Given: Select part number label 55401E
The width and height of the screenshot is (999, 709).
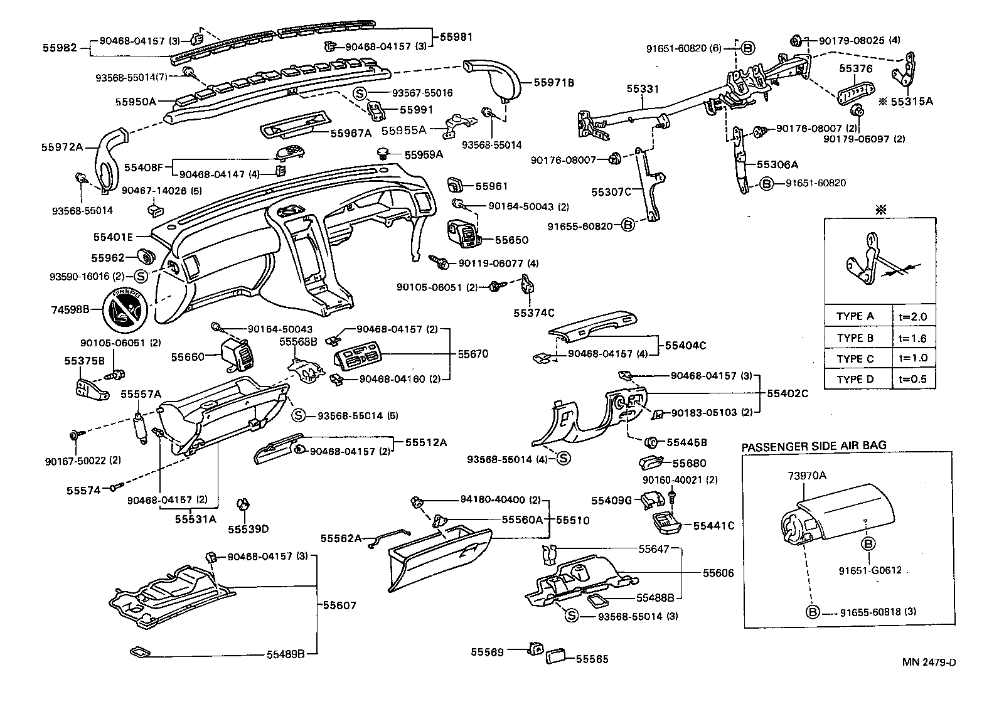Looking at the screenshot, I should (x=113, y=237).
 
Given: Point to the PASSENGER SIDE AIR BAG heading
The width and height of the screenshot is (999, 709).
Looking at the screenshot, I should (x=814, y=446).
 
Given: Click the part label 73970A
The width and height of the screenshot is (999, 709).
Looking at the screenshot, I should (x=807, y=476).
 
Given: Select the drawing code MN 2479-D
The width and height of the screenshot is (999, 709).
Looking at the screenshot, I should (x=929, y=663).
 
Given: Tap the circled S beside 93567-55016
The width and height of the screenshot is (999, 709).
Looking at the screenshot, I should (x=360, y=93).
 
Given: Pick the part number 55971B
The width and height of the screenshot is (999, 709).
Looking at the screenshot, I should (x=554, y=82).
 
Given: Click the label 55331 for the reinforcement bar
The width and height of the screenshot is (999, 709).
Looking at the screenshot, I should (x=643, y=89).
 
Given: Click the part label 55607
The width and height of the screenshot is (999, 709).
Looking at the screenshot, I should (x=339, y=605).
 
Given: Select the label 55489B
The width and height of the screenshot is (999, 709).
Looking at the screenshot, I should (x=286, y=654).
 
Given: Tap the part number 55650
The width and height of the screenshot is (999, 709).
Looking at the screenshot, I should (x=511, y=240).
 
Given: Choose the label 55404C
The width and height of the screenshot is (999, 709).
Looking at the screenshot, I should (x=686, y=345).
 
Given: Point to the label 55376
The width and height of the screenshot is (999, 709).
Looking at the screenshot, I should (x=857, y=68).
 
